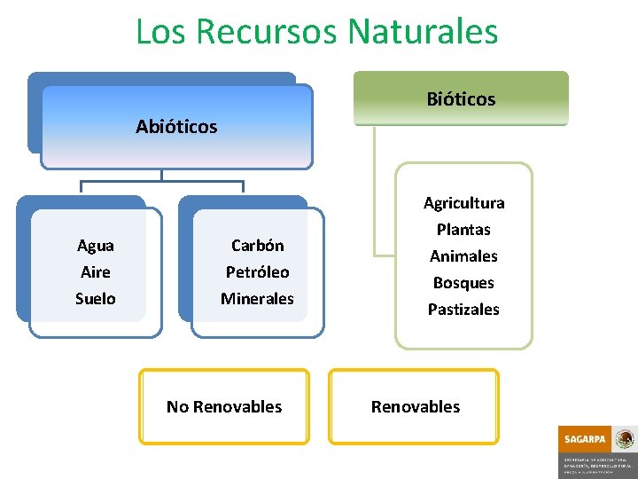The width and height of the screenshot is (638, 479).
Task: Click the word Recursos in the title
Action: point(266,32)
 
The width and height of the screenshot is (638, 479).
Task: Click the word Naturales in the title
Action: point(423,32)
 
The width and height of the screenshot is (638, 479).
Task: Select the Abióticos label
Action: point(176,127)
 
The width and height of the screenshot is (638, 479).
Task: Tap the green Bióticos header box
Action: point(461,98)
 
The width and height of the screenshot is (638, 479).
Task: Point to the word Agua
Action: point(95,246)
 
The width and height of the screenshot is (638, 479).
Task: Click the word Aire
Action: point(95,272)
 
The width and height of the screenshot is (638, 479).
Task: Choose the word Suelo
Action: point(95,299)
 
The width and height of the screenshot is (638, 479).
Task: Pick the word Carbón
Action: point(257,246)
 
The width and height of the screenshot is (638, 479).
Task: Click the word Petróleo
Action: point(257,272)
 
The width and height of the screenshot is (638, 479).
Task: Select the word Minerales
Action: point(257,299)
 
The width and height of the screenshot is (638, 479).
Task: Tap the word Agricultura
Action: point(463,203)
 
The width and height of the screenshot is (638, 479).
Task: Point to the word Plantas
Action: point(463,230)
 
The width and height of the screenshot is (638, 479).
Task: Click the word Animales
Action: point(463,256)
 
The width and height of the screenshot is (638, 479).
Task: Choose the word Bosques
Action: point(463,283)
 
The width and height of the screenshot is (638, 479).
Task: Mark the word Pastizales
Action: point(463,310)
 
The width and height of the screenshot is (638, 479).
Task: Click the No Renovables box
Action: point(224,407)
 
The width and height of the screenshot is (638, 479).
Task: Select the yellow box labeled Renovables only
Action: point(415,407)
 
